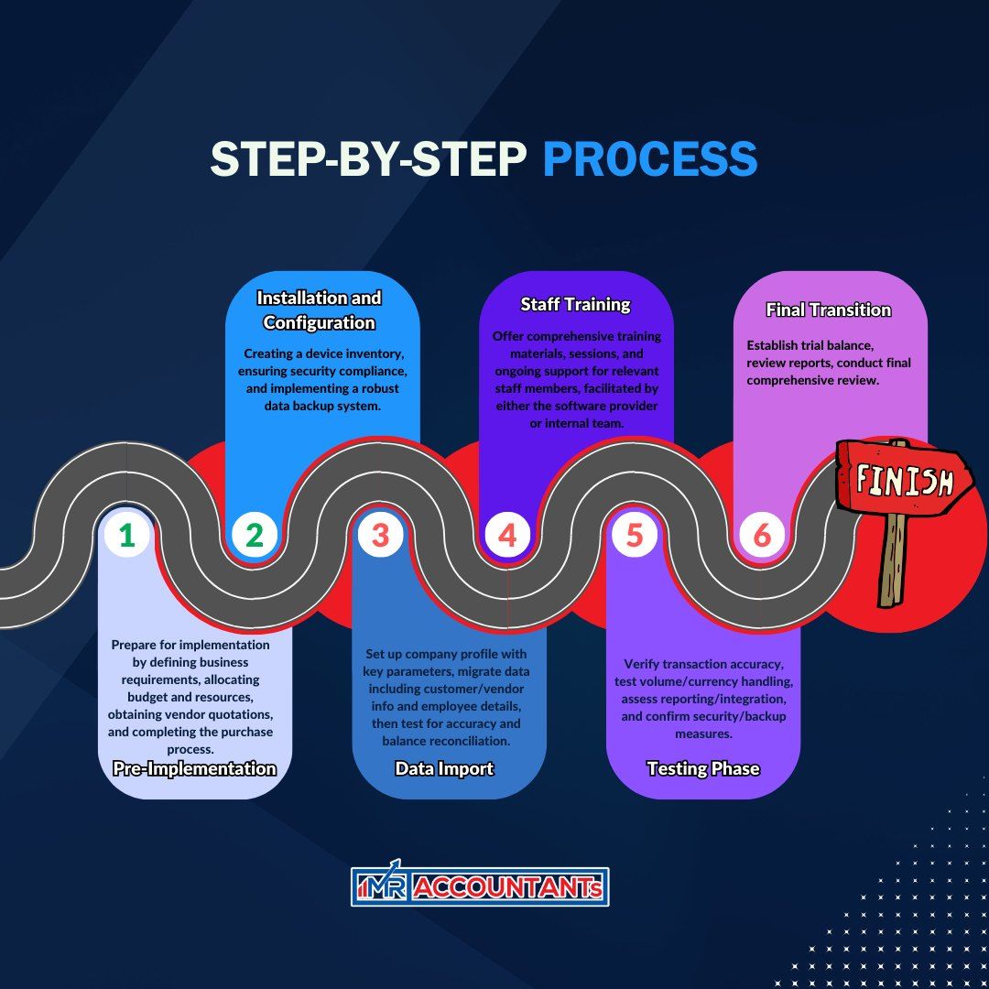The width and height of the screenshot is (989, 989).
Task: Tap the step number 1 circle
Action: [x=127, y=535]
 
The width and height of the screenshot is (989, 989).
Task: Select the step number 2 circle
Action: [x=255, y=535]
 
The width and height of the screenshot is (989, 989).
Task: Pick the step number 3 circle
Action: [x=380, y=535]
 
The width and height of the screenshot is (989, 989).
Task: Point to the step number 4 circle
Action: [x=507, y=535]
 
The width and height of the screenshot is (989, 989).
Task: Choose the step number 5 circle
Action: [x=635, y=535]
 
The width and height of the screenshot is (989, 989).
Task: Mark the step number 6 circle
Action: [x=762, y=535]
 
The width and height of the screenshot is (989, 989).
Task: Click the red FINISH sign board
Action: [x=903, y=478]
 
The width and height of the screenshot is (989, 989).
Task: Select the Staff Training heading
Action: [x=575, y=305]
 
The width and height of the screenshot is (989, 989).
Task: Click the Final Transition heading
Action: [x=828, y=310]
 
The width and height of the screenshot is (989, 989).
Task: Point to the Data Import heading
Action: [x=444, y=768]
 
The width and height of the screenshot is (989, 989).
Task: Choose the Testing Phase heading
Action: [x=703, y=768]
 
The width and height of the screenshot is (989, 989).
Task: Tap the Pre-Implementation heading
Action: [x=194, y=768]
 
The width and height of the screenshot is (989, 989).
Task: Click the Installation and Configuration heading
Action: [x=320, y=310]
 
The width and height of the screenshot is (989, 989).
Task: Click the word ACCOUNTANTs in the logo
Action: [x=508, y=888]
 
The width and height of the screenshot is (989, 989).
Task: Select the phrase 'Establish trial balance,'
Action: [x=810, y=345]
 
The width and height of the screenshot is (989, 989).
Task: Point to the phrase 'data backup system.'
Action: [x=322, y=406]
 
